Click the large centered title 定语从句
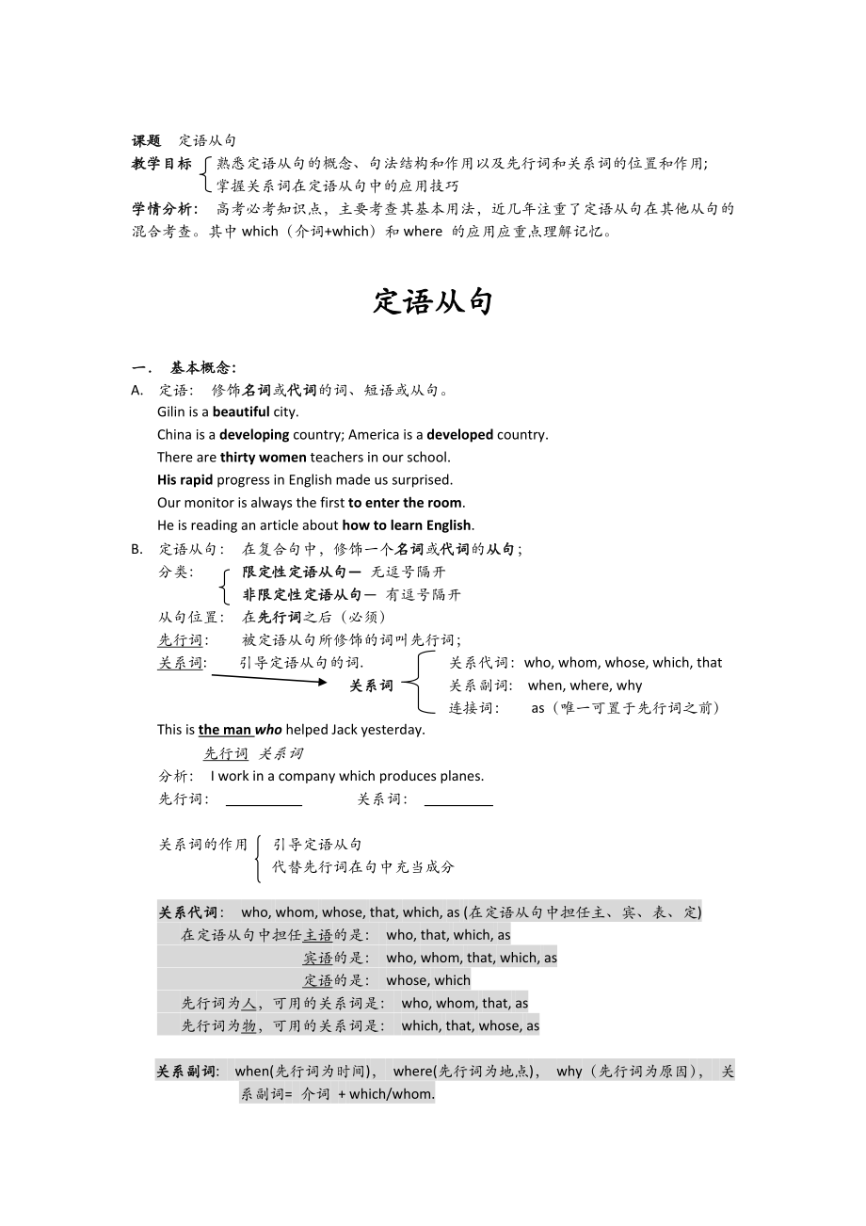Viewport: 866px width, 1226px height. click(x=433, y=302)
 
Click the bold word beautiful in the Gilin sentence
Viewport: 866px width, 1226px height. click(x=241, y=411)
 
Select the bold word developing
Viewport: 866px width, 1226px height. click(x=254, y=434)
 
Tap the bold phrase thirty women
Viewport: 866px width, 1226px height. click(x=263, y=457)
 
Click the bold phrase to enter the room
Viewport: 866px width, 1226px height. click(x=406, y=502)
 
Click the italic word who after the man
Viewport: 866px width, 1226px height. click(x=268, y=730)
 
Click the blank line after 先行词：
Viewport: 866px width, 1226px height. click(x=264, y=802)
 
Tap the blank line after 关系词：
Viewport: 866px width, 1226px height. click(x=458, y=802)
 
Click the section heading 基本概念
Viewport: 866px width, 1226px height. click(x=202, y=367)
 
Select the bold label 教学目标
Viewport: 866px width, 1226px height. click(x=161, y=164)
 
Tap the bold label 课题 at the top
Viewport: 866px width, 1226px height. click(x=146, y=141)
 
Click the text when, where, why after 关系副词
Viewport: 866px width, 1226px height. click(x=585, y=686)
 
